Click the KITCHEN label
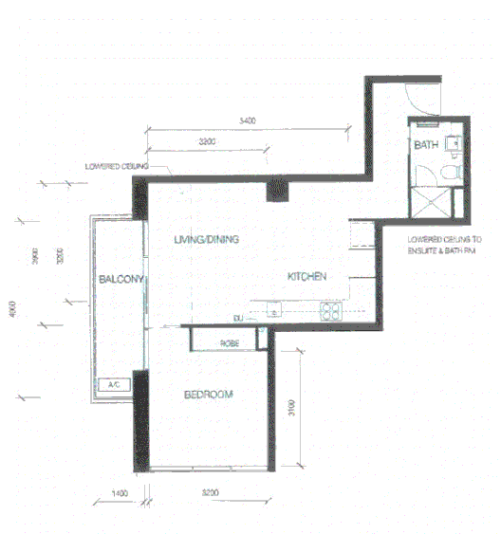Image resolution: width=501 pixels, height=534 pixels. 307,276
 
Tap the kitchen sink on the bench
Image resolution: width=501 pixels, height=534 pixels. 275,309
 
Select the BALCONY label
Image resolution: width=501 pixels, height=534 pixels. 121,279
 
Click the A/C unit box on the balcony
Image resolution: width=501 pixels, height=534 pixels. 113,385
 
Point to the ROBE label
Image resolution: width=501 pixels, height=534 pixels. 229,341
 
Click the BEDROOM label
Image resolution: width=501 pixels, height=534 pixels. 208,394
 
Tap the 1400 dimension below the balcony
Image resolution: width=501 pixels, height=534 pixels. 120,493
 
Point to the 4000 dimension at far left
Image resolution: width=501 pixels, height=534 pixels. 13,310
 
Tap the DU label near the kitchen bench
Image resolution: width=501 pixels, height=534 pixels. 239,316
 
